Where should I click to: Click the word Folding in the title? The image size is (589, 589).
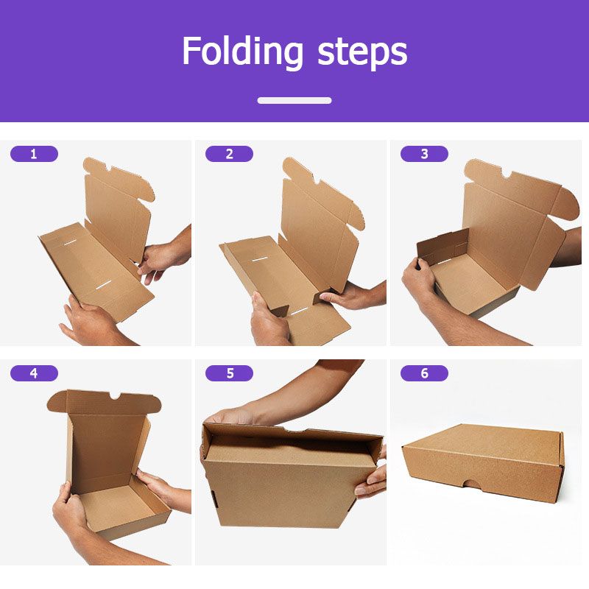tap(243, 52)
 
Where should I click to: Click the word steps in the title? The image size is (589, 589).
tap(362, 54)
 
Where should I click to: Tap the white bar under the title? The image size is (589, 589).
tap(294, 100)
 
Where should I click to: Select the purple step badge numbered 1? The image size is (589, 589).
tap(34, 154)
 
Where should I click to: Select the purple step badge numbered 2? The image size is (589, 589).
tap(229, 154)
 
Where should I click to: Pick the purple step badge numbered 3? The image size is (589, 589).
tap(424, 154)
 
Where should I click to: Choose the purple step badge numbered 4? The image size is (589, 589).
tap(34, 373)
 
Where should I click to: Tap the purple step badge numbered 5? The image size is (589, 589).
tap(229, 373)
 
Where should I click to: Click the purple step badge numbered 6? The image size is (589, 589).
tap(424, 373)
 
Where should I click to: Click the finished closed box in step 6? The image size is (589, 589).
tap(483, 464)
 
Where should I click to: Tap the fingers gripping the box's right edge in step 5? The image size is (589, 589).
tap(370, 476)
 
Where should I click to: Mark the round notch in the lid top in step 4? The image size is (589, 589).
tap(116, 396)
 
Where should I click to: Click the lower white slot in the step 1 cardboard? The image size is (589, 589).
tap(103, 286)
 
